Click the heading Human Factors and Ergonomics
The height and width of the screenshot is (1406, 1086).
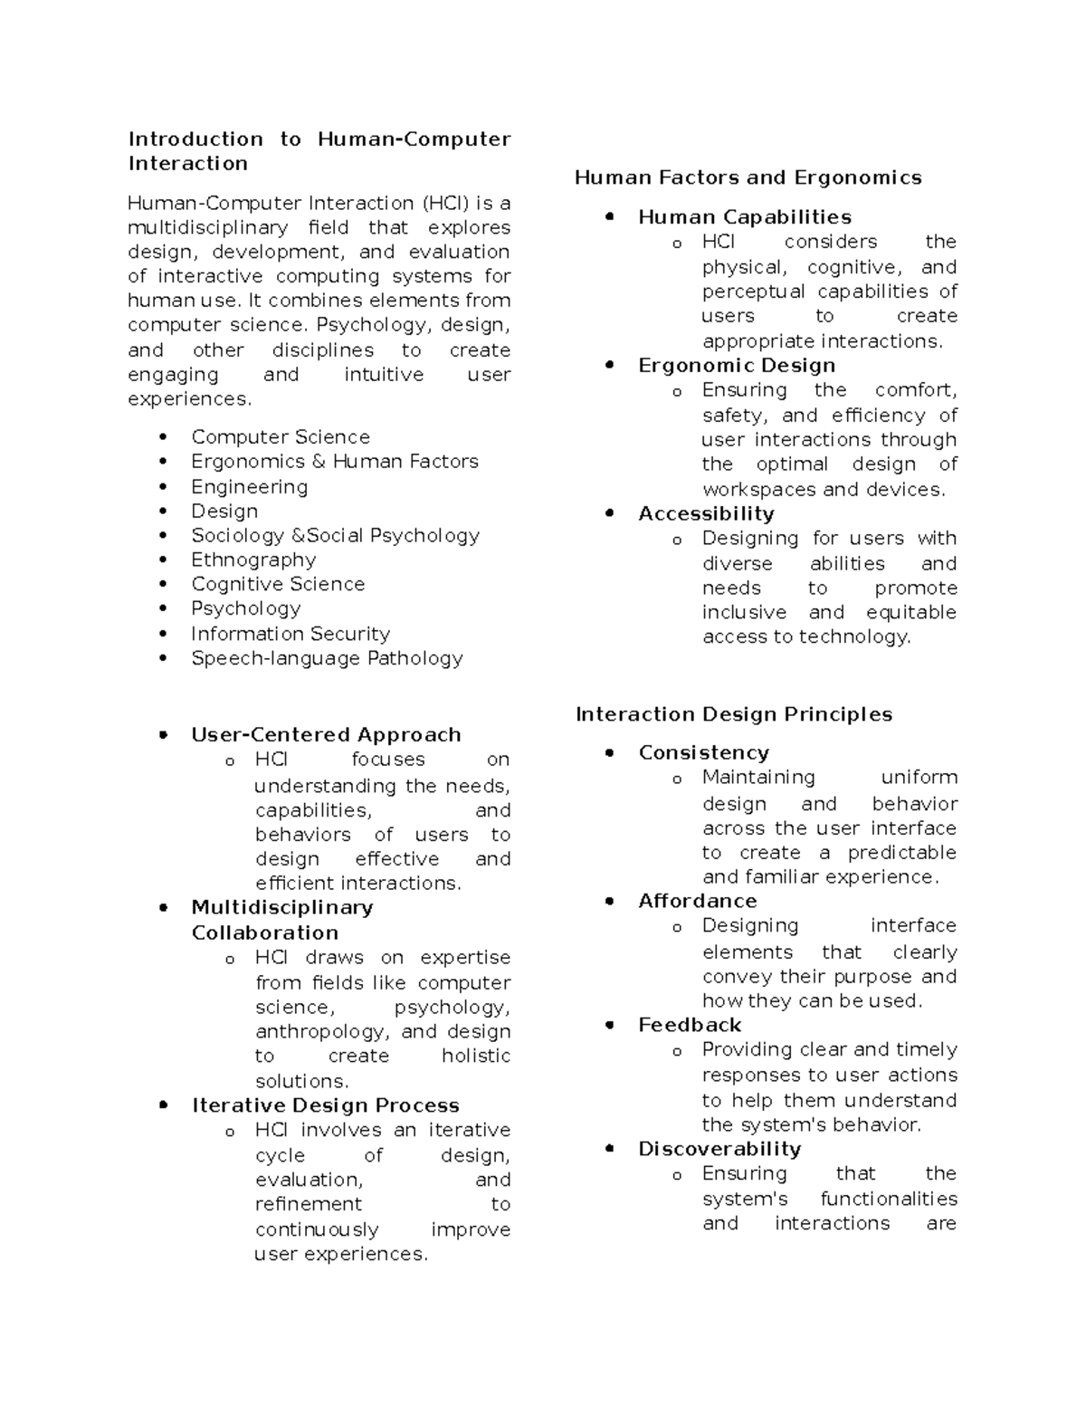748,177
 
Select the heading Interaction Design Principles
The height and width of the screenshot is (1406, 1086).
733,714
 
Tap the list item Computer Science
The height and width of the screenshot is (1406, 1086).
280,437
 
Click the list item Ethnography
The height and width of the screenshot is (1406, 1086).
253,560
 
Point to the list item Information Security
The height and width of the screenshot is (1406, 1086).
290,634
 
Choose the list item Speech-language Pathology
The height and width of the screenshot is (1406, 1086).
327,658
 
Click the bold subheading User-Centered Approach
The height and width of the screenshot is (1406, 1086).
326,734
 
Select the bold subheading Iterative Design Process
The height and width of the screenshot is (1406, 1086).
325,1105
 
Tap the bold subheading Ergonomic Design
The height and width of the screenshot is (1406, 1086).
736,366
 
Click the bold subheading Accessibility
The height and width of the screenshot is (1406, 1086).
706,513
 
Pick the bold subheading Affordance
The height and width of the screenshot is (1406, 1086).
697,901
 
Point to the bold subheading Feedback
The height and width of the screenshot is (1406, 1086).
689,1025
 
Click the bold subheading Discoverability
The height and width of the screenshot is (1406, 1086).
719,1149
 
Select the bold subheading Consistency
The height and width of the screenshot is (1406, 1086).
703,752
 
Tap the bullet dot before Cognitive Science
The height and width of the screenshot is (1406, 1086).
163,585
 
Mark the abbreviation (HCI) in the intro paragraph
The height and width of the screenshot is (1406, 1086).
444,203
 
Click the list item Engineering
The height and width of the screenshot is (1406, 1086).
249,487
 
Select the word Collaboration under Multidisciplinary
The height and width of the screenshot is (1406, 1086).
264,933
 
